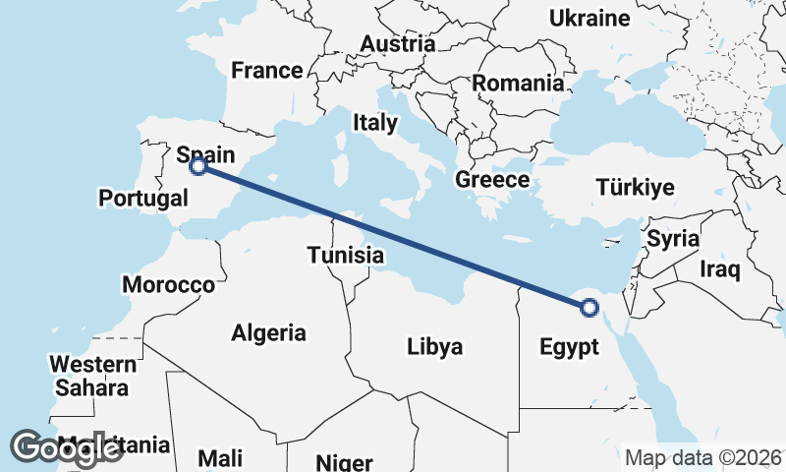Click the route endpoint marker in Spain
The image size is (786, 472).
pyautogui.click(x=197, y=166)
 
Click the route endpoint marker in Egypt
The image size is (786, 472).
pyautogui.click(x=589, y=308)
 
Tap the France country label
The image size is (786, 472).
pyautogui.click(x=266, y=71)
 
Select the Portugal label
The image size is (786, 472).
pyautogui.click(x=143, y=199)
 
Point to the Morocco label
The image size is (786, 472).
pyautogui.click(x=168, y=285)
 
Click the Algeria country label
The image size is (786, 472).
pyautogui.click(x=268, y=333)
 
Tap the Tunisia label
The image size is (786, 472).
pyautogui.click(x=344, y=256)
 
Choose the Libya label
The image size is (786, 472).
pyautogui.click(x=434, y=347)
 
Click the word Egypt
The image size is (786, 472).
pyautogui.click(x=569, y=347)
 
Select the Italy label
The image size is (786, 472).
pyautogui.click(x=375, y=123)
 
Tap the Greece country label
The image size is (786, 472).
pyautogui.click(x=491, y=180)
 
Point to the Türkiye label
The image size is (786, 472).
pyautogui.click(x=636, y=188)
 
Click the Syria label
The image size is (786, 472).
pyautogui.click(x=673, y=239)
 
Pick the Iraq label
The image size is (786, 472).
pyautogui.click(x=719, y=268)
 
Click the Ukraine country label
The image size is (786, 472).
pyautogui.click(x=589, y=19)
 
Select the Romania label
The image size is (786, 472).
pyautogui.click(x=519, y=84)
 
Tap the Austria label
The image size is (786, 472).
pyautogui.click(x=397, y=44)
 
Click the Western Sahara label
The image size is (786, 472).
pyautogui.click(x=90, y=377)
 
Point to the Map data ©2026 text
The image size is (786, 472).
pyautogui.click(x=702, y=457)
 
